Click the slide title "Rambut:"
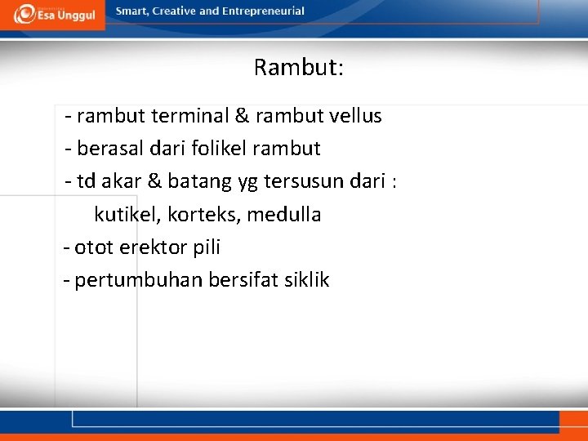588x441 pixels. click(298, 67)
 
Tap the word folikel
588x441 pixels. click(219, 149)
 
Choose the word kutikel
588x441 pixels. click(128, 215)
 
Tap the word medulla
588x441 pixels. click(284, 215)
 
